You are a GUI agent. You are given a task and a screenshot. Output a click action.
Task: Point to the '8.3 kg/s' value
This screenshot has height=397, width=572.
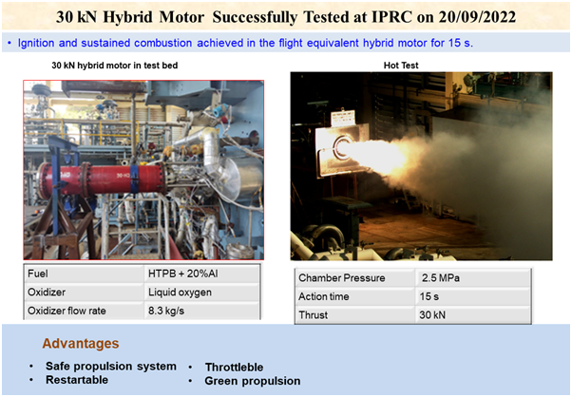click(x=168, y=311)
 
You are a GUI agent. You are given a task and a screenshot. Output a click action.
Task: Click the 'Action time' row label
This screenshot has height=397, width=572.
click(x=328, y=295)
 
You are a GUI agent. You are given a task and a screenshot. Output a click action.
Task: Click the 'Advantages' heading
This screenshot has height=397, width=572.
click(x=80, y=343)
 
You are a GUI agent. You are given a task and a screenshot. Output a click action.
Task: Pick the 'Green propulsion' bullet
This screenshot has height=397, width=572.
click(x=252, y=381)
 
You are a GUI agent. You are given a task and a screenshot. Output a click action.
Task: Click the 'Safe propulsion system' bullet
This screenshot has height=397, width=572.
click(x=110, y=366)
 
